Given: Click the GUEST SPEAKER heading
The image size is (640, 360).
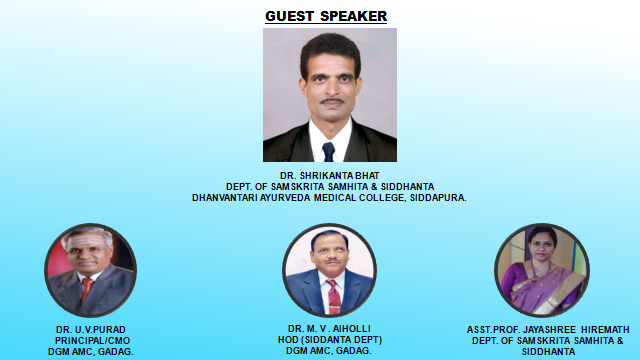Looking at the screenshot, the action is [326, 16].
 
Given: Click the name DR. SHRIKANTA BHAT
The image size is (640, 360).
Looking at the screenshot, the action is [329, 176].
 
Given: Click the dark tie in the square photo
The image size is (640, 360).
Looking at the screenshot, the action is [328, 152].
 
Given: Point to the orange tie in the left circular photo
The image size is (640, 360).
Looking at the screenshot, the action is [87, 290].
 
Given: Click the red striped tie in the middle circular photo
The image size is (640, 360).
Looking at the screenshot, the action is [334, 297].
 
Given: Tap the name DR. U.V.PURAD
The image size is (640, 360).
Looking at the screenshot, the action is [91, 330].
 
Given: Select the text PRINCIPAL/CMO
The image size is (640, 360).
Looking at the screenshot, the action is [92, 341].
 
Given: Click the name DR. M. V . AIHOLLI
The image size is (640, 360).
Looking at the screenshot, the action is [329, 329].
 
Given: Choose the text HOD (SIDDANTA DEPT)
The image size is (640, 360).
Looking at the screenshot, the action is [330, 340].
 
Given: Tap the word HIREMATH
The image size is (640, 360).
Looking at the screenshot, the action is [605, 330].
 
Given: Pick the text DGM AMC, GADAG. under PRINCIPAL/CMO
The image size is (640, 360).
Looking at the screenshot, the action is [91, 351].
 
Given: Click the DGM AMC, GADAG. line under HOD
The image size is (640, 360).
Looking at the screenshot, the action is [329, 351].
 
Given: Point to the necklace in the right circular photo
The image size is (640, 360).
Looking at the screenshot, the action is [540, 270].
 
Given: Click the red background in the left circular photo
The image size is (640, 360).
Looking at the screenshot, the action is [56, 261].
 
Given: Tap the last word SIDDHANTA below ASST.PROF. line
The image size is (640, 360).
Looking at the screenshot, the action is [549, 352].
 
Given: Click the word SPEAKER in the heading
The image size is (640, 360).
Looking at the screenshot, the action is [353, 16].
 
